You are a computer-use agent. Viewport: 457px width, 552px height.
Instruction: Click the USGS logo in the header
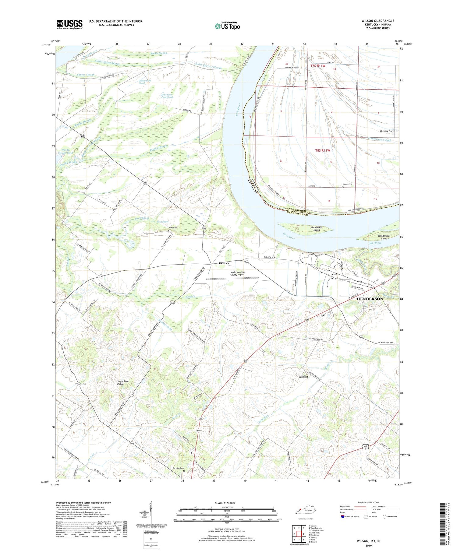point(69,24)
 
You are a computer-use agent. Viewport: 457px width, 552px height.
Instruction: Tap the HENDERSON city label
point(370,299)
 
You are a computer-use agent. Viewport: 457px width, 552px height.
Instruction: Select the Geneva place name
point(224,263)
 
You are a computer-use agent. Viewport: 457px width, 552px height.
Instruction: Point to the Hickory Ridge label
point(387,131)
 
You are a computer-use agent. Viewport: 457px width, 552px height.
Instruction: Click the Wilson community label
point(303,377)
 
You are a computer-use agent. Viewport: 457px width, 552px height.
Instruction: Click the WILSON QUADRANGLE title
point(378,21)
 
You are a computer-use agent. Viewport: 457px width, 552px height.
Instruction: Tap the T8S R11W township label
point(322,150)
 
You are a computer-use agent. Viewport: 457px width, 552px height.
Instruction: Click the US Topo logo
point(227,26)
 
